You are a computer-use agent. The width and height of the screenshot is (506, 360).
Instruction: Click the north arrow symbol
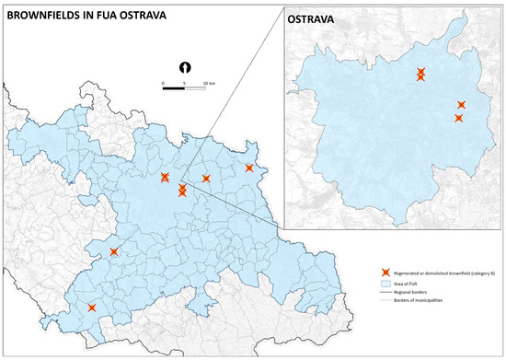pyautogui.click(x=185, y=66)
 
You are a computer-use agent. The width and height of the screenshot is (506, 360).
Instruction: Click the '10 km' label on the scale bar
pyautogui.click(x=209, y=85)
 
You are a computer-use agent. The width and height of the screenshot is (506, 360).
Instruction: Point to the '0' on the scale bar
pyautogui.click(x=163, y=85)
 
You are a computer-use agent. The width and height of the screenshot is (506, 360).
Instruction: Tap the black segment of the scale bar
pyautogui.click(x=174, y=79)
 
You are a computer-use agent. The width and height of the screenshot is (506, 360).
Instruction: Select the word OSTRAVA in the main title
pyautogui.click(x=183, y=12)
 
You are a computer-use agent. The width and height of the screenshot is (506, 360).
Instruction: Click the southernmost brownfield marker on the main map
pyautogui.click(x=91, y=308)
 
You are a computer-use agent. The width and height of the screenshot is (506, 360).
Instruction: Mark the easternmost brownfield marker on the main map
pyautogui.click(x=248, y=168)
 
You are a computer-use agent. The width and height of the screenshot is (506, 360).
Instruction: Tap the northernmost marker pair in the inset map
pyautogui.click(x=420, y=74)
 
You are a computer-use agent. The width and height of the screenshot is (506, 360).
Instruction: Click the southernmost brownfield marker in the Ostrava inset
pyautogui.click(x=458, y=118)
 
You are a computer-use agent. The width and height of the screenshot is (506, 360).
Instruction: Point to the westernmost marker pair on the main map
pyautogui.click(x=165, y=177)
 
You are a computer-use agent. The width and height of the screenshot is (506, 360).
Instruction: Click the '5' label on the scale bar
pyautogui.click(x=185, y=85)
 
